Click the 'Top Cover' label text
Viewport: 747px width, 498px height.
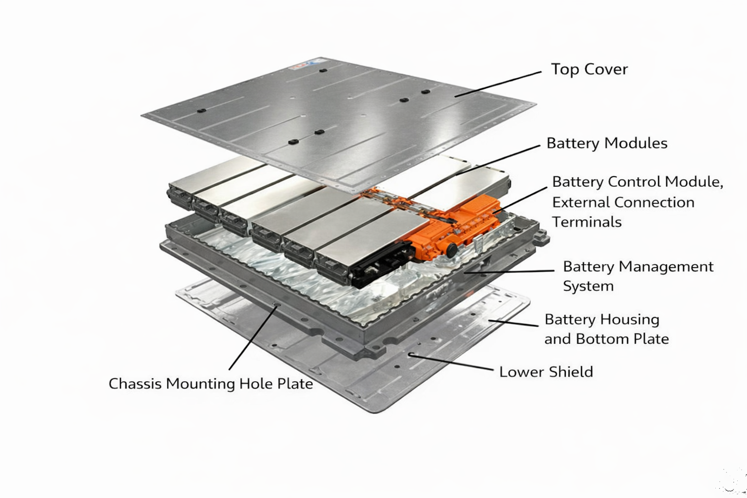tap(589, 69)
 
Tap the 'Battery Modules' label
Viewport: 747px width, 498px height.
tap(606, 143)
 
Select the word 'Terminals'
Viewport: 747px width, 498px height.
tap(587, 222)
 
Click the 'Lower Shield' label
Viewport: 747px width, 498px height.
tap(546, 372)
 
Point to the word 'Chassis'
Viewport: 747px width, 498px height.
tap(135, 384)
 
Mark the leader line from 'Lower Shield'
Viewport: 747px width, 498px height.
tap(452, 362)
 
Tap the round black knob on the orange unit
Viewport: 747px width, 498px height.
tap(452, 250)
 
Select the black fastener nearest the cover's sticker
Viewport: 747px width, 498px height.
tap(323, 70)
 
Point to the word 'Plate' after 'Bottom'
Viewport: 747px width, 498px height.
tap(652, 339)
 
